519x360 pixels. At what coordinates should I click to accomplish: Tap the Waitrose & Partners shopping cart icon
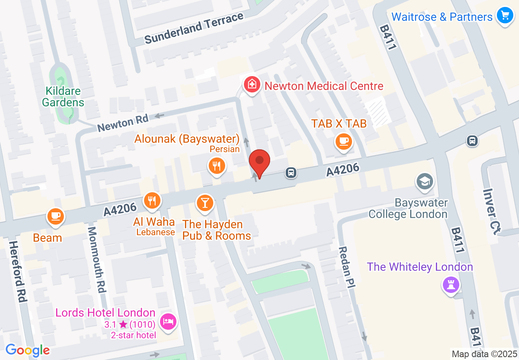click(x=505, y=16)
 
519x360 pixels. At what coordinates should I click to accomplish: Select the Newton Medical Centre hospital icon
click(x=252, y=85)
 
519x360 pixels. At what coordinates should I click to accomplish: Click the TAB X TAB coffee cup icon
click(x=343, y=142)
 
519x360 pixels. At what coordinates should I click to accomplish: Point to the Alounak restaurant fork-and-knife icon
click(x=217, y=166)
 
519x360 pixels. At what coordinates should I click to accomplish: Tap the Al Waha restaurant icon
click(x=152, y=200)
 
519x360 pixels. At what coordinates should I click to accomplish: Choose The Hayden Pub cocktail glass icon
click(x=205, y=202)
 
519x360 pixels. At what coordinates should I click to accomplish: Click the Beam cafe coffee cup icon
click(x=55, y=216)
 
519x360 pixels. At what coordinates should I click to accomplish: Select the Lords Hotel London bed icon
click(x=168, y=321)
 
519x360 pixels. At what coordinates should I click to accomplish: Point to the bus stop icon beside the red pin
click(x=291, y=173)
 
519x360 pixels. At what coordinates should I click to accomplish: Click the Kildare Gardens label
click(x=63, y=97)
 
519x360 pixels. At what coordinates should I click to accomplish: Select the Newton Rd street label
click(x=123, y=123)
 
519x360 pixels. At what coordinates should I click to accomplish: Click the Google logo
click(x=28, y=350)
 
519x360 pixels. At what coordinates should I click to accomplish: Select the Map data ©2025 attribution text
click(x=484, y=354)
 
